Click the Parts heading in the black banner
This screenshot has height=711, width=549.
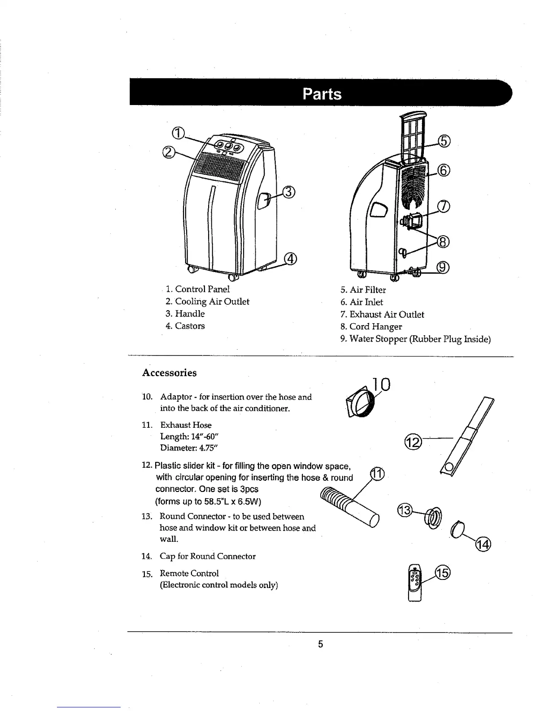click(322, 94)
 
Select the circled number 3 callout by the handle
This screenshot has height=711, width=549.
click(288, 192)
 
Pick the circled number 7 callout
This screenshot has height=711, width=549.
click(443, 206)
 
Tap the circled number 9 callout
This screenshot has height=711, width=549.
click(443, 268)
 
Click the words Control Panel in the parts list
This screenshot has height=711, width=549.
click(202, 290)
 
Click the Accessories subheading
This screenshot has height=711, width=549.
click(169, 373)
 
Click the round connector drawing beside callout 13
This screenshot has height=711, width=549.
click(434, 517)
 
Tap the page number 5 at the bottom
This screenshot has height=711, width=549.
click(320, 645)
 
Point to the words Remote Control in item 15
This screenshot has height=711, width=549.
click(189, 573)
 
